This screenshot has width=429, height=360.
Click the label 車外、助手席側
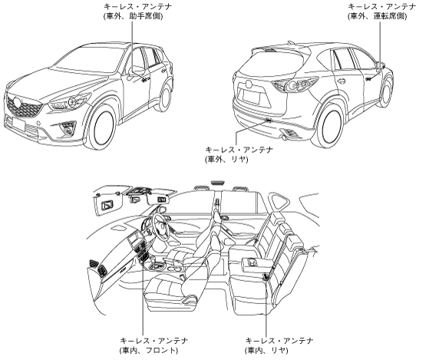pos(133,16)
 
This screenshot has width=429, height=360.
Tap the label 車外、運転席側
pos(378,16)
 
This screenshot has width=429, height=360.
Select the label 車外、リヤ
pos(226,159)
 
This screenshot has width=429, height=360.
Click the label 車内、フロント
pos(149,350)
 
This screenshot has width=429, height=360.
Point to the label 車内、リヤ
pos(266,350)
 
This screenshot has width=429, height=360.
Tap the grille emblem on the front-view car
pos(17,103)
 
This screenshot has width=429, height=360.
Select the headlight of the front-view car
pos(71,102)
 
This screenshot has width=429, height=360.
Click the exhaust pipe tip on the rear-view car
pos(285,137)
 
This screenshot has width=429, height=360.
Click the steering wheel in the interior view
pos(160,225)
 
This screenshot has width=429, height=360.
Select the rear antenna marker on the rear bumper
pos(269,120)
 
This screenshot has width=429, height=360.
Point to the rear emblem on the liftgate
pos(249,84)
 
